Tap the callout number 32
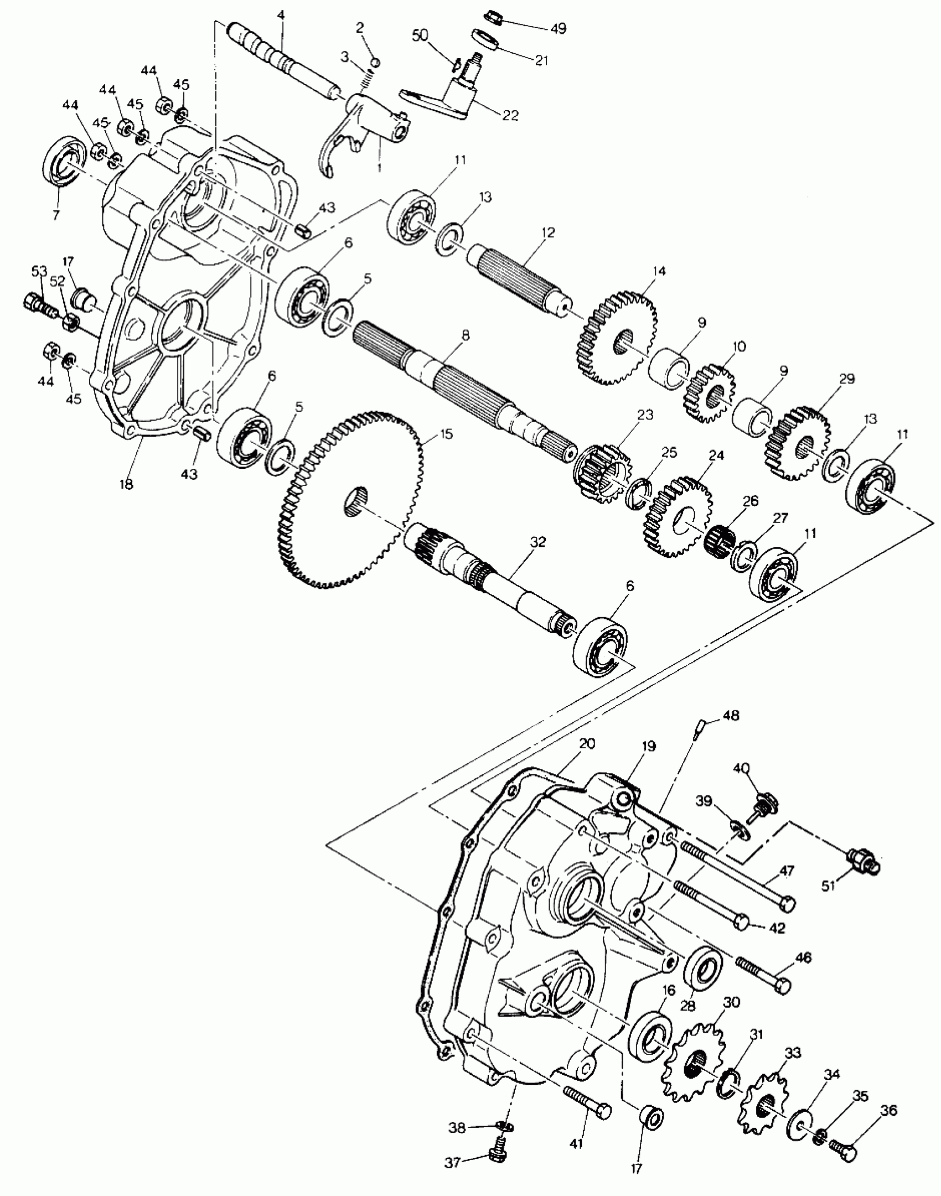[x=537, y=542]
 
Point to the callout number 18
[x=126, y=484]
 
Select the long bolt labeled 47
[x=736, y=874]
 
